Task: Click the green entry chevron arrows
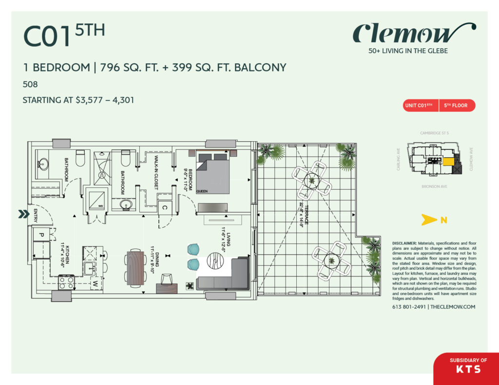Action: point(23,214)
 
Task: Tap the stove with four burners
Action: point(66,282)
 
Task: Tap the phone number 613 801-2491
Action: point(408,307)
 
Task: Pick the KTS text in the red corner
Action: point(468,369)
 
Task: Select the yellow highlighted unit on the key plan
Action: point(448,162)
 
